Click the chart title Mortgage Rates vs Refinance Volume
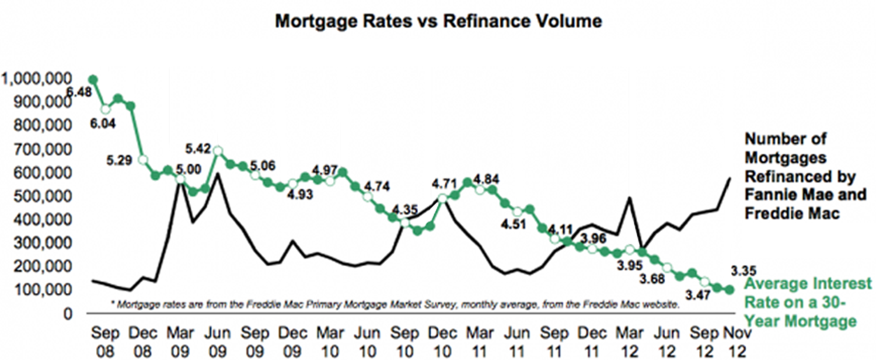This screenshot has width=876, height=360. (x=438, y=21)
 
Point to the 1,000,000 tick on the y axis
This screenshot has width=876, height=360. (x=37, y=79)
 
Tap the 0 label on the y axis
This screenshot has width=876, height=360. (x=67, y=314)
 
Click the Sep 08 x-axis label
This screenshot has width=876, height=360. (x=105, y=342)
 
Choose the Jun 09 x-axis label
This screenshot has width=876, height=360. (x=217, y=342)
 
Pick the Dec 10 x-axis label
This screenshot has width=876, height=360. (x=442, y=342)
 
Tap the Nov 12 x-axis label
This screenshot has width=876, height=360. (x=737, y=342)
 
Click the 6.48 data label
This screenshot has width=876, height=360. (x=79, y=92)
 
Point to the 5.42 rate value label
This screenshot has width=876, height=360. (x=198, y=148)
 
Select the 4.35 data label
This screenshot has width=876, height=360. (x=405, y=209)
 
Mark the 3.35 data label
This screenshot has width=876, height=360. (x=743, y=271)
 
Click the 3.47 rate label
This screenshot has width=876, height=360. (x=698, y=295)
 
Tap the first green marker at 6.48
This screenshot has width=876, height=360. (x=93, y=80)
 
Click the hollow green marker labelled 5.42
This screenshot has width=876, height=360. (x=218, y=151)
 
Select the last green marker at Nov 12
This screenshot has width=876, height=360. (x=730, y=290)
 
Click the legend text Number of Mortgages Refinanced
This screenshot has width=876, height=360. (x=805, y=176)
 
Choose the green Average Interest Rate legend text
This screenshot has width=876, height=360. (x=808, y=302)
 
